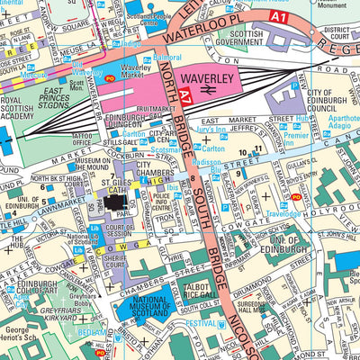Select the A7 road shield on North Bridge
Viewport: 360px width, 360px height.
click(x=183, y=93)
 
